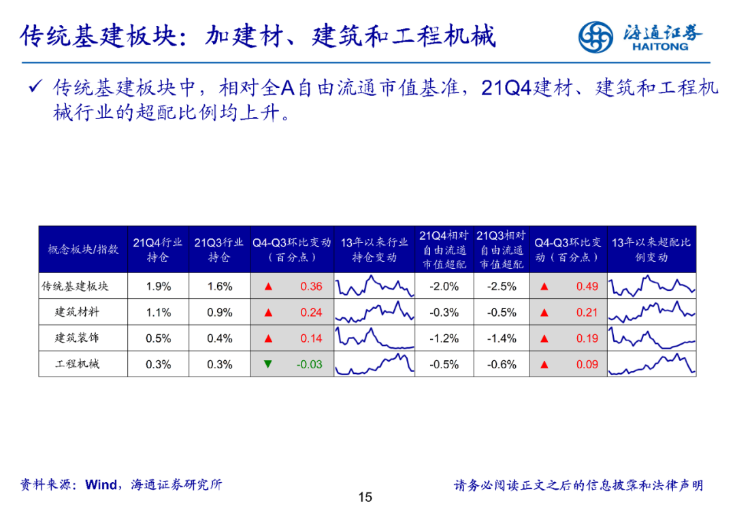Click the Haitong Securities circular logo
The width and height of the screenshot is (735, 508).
[x=595, y=37]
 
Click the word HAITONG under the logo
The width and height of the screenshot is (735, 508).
[x=660, y=46]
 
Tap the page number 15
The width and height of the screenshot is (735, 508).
[x=365, y=497]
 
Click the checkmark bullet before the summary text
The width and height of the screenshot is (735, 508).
[x=35, y=86]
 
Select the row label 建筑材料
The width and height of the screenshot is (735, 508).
[x=77, y=312]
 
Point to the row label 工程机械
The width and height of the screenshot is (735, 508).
[x=77, y=364]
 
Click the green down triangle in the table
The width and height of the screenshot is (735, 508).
[x=267, y=364]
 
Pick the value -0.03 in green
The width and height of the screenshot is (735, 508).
[x=310, y=364]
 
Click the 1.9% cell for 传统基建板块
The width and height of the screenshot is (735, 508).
[x=159, y=287]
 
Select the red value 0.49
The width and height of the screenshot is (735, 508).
[x=587, y=287]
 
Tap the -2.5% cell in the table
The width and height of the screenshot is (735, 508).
[x=502, y=287]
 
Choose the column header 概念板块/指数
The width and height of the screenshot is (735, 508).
[x=83, y=249]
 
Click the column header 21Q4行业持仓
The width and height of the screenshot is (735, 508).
[x=158, y=249]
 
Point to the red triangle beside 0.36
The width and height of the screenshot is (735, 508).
[x=268, y=286]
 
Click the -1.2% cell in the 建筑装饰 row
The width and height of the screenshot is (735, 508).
[x=444, y=338]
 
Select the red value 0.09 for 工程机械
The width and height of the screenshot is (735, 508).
[x=587, y=364]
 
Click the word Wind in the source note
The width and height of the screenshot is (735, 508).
[x=101, y=485]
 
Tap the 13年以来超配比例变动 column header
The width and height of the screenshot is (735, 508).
[x=651, y=249]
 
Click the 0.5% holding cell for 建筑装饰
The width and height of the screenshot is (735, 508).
[x=159, y=338]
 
